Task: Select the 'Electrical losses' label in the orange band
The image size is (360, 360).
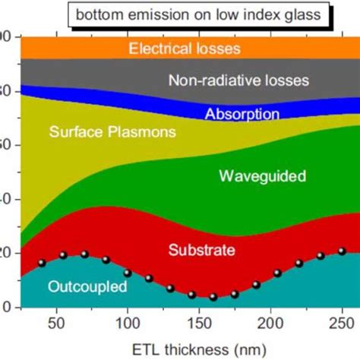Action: pyautogui.click(x=185, y=49)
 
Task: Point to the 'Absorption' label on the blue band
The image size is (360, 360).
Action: pyautogui.click(x=242, y=115)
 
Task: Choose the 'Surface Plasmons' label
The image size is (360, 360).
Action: pyautogui.click(x=112, y=132)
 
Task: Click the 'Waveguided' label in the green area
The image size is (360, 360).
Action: pyautogui.click(x=262, y=176)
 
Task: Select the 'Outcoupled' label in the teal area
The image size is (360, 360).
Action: pyautogui.click(x=84, y=286)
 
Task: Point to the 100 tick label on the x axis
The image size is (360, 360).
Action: pyautogui.click(x=128, y=322)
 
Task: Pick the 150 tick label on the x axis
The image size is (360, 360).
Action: pyautogui.click(x=201, y=322)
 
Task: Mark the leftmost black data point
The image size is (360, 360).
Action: pyautogui.click(x=42, y=263)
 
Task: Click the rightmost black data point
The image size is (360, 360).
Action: pyautogui.click(x=342, y=251)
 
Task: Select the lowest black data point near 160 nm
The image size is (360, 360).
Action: pyautogui.click(x=213, y=297)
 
